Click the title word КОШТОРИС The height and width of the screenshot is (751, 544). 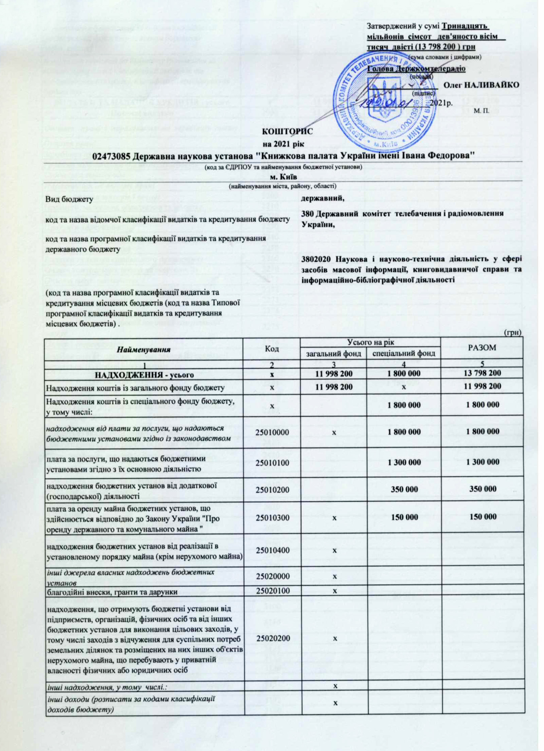pyautogui.click(x=287, y=132)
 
